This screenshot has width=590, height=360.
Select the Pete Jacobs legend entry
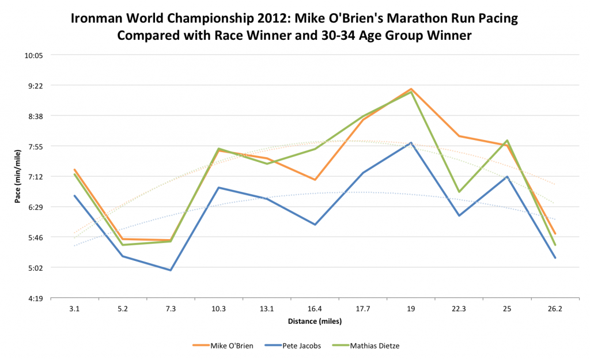point(301,346)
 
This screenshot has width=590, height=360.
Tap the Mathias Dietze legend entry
point(375,346)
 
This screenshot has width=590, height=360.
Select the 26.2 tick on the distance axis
point(555,309)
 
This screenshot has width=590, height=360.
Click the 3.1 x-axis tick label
point(74,309)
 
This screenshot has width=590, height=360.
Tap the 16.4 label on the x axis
point(315,309)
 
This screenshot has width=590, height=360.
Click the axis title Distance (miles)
point(314,321)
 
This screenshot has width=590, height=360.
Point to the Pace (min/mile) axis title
point(18,177)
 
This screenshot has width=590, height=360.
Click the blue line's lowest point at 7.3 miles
point(171,270)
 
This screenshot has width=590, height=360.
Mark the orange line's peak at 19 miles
point(411,89)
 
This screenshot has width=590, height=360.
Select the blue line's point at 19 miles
point(411,142)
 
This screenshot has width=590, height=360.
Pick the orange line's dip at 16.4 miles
point(315,180)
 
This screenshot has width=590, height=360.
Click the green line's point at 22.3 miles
point(459,192)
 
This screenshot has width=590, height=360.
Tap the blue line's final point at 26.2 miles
point(555,258)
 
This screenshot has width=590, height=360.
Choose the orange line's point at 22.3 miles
point(459,136)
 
